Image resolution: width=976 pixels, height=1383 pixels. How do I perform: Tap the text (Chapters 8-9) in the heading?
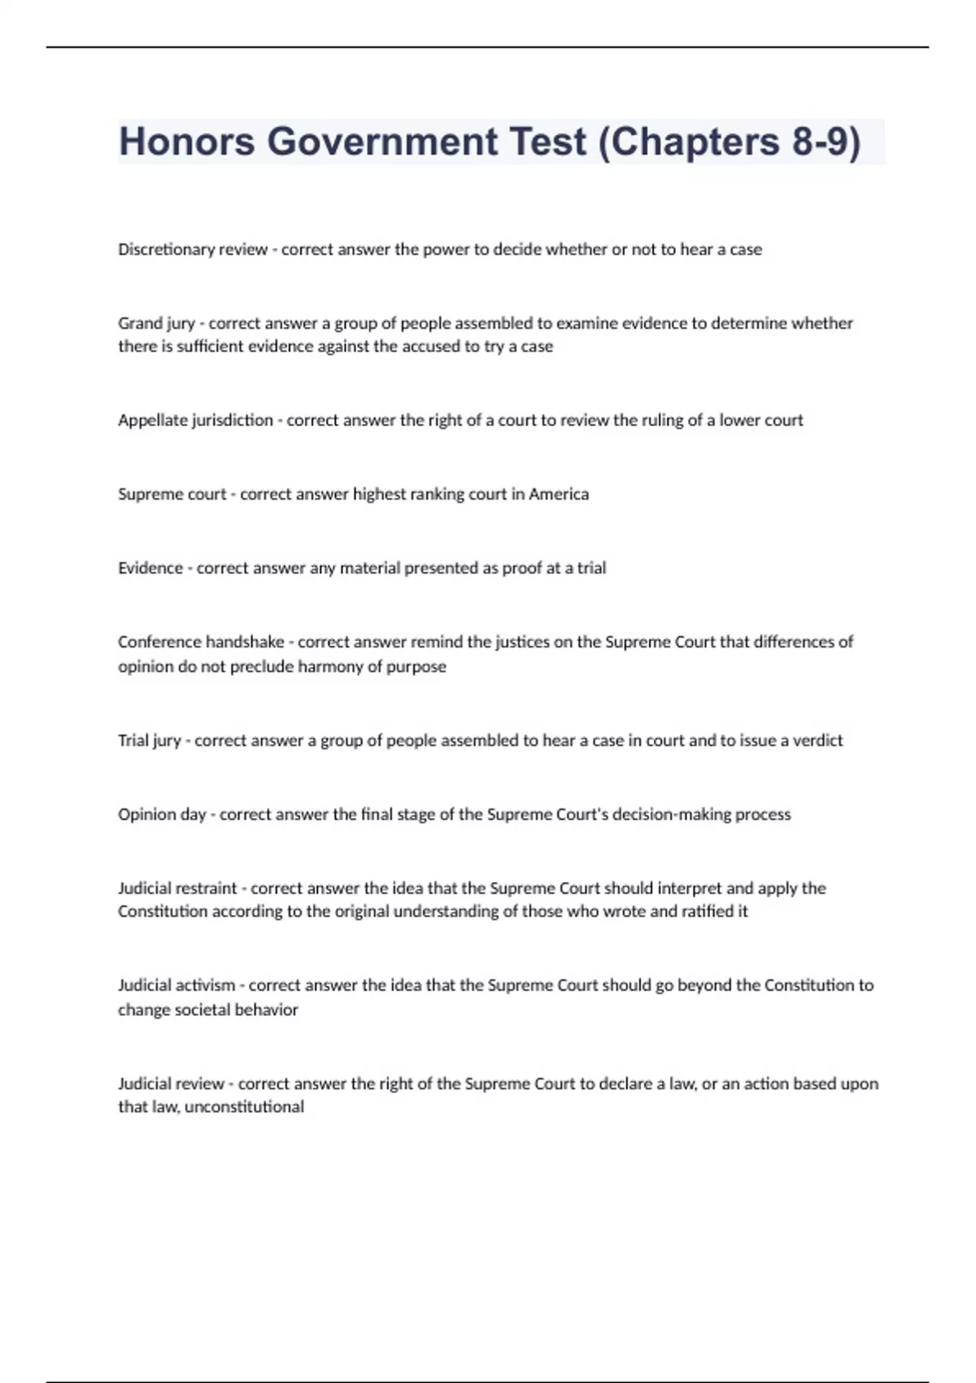(729, 142)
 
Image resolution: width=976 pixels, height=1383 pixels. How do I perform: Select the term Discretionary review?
(193, 250)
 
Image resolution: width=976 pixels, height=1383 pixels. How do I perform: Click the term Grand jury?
(156, 323)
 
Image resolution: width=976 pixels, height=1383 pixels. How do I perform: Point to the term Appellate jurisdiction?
(195, 421)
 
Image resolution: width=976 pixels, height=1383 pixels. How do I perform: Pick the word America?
(559, 495)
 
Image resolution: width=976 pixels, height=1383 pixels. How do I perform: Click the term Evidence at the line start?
(150, 568)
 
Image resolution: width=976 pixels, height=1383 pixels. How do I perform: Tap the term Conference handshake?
(201, 642)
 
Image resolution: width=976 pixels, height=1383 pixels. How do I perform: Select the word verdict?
(815, 740)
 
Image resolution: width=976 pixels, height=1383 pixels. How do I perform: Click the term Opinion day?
(162, 814)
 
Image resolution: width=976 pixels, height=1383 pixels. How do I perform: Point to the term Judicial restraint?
(177, 888)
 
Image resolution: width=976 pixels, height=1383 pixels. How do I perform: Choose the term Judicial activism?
(176, 985)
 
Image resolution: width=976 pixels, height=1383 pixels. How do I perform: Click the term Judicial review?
(171, 1084)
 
